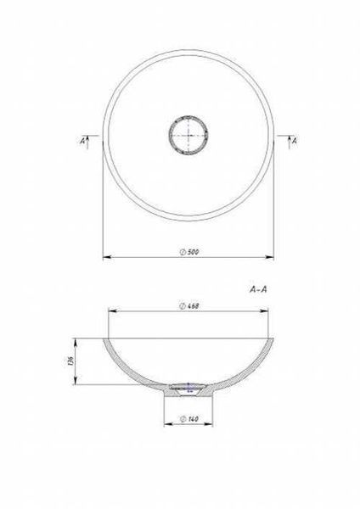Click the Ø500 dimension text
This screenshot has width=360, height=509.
[189, 252]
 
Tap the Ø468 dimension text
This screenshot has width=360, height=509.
[189, 305]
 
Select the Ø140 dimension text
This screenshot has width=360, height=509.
[189, 419]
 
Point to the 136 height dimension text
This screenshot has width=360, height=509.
[71, 361]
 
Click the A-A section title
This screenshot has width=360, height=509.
[258, 289]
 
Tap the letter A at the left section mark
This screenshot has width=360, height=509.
[82, 141]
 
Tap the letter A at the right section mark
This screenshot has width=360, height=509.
[295, 141]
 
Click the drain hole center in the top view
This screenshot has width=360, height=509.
[188, 135]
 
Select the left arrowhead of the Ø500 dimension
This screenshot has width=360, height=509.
[107, 257]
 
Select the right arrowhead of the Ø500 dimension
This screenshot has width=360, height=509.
[269, 257]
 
